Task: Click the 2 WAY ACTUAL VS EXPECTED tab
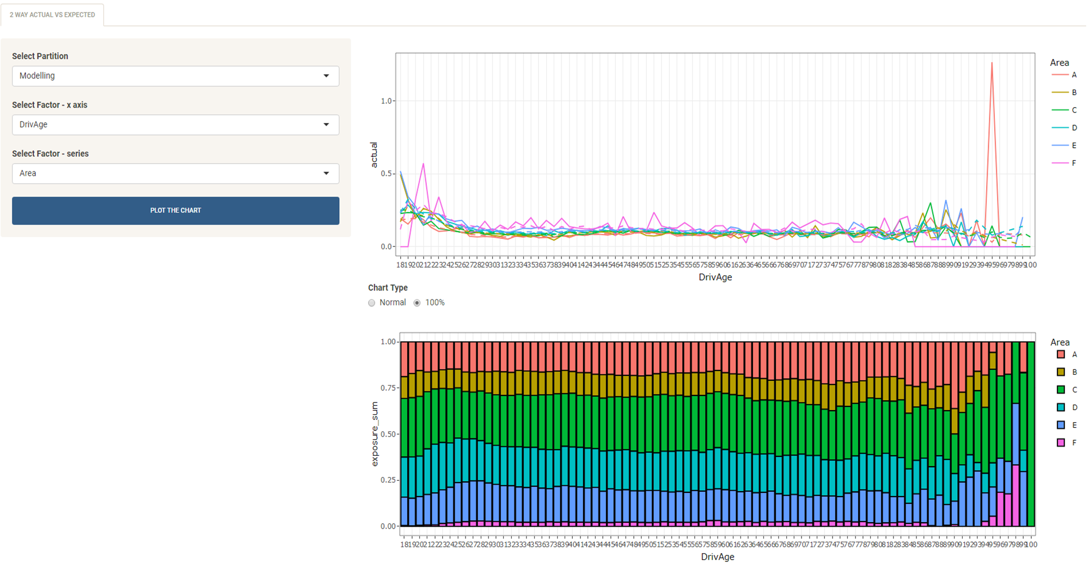coord(52,15)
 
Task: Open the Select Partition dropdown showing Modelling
coord(175,76)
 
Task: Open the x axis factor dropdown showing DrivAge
coord(175,125)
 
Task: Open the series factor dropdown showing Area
coord(175,174)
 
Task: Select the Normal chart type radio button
coord(372,303)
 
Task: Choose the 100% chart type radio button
coord(417,303)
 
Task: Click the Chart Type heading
coord(388,288)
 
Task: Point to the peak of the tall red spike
coord(992,64)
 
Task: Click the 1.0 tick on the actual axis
coord(387,101)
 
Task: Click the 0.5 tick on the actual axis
coord(387,174)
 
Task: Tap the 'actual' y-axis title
coord(374,154)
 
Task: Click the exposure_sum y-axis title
coord(375,434)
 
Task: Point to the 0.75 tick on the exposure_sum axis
coord(388,388)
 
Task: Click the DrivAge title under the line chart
coord(715,277)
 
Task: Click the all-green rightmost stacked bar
coord(1031,435)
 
